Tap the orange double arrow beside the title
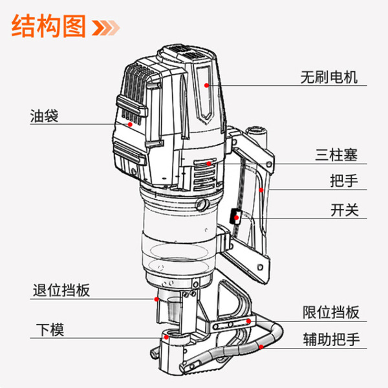[x=106, y=27]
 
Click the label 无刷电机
[x=329, y=77]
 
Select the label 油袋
[x=44, y=117]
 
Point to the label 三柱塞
[x=336, y=155]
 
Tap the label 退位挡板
[x=61, y=290]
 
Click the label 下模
[x=49, y=329]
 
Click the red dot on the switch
[x=237, y=218]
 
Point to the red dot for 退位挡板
[x=156, y=299]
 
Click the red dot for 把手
[x=260, y=190]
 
